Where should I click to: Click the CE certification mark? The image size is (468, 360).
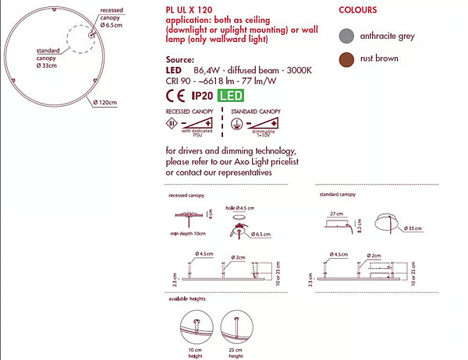[x=175, y=97]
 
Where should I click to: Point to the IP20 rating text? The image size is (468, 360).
[x=202, y=97]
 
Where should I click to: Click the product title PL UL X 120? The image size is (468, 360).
[x=188, y=10]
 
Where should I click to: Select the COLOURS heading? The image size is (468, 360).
[x=358, y=10]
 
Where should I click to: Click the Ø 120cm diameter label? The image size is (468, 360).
[x=105, y=102]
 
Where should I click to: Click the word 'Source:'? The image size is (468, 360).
[x=179, y=59]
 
